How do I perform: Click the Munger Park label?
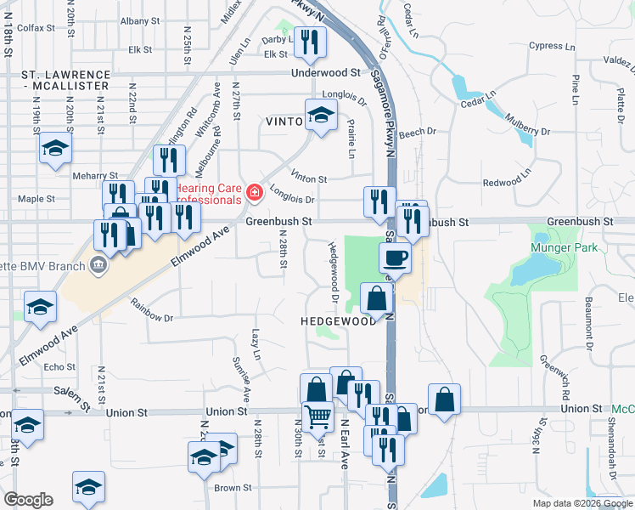564,248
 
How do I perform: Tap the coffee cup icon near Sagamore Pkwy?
396,257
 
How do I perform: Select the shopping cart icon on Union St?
317,415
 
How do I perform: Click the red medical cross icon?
253,195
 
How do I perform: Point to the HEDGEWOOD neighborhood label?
338,322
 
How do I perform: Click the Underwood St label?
326,74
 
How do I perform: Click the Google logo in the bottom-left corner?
28,500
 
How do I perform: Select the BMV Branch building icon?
100,264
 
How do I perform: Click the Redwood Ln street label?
506,182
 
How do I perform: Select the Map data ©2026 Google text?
582,503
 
